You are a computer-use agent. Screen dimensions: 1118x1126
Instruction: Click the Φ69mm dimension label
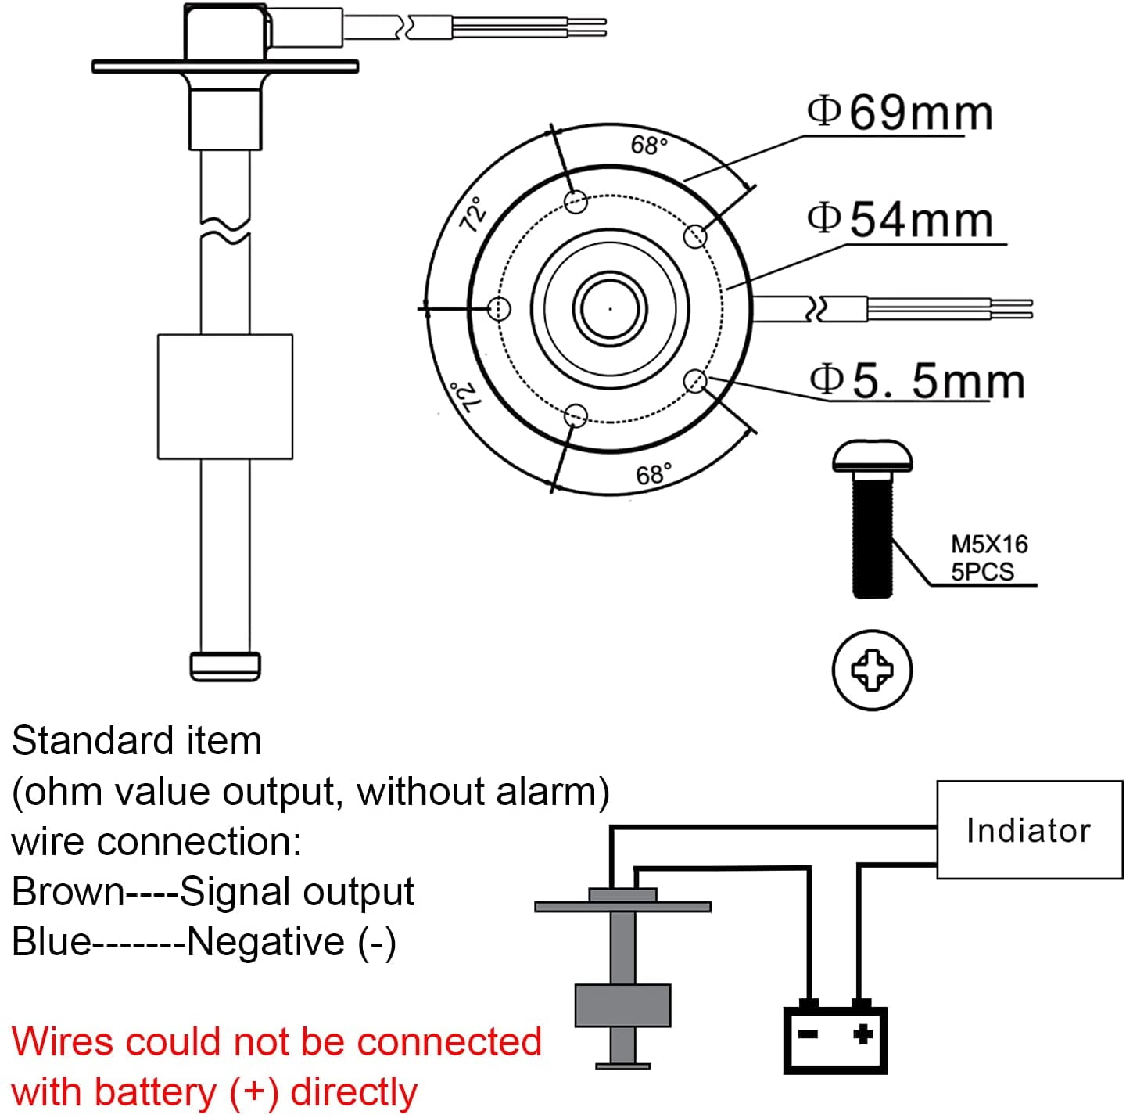900,113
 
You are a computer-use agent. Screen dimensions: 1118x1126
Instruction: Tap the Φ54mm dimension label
900,220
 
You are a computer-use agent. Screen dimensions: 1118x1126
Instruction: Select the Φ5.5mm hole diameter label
916,382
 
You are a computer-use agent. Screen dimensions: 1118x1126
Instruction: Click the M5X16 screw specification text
989,545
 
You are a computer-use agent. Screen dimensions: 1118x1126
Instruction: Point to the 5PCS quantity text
982,572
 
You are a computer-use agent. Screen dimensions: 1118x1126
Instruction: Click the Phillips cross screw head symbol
872,670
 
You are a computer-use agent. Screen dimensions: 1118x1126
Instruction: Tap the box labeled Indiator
1029,830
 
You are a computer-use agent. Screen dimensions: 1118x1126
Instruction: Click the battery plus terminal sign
862,1034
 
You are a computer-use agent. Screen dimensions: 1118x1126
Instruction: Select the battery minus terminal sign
808,1034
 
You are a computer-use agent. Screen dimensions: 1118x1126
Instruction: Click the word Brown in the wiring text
68,892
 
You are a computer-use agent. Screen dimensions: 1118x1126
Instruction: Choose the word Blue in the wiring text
52,941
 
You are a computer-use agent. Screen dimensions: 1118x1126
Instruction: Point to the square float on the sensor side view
225,397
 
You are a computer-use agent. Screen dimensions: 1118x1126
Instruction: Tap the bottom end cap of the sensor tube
225,665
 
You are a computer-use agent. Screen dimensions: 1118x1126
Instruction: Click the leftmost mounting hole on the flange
499,308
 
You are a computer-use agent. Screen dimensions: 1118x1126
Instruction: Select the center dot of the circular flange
610,308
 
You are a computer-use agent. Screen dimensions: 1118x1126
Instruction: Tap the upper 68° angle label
649,146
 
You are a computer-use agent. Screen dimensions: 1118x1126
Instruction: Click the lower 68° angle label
654,475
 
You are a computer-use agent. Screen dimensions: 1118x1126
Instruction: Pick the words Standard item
137,741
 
